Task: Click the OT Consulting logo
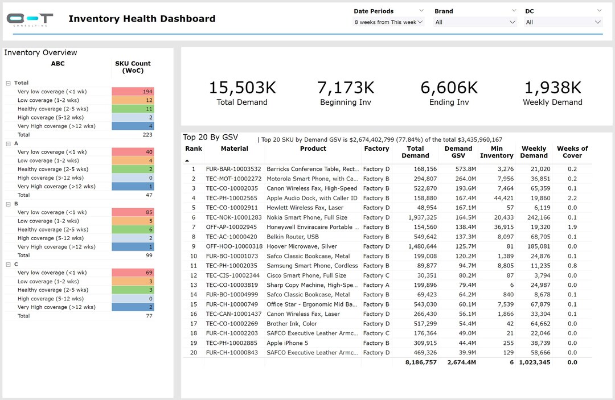(30, 19)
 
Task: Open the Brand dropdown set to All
(475, 22)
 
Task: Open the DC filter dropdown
(563, 22)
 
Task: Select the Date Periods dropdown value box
(389, 22)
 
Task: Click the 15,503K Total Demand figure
(242, 88)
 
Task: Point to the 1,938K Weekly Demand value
(552, 88)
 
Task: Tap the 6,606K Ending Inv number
(449, 88)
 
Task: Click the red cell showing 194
(133, 92)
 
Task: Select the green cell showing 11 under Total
(133, 109)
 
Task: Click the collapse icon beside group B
(9, 204)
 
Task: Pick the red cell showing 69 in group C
(133, 273)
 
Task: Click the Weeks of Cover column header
(572, 152)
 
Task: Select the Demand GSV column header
(458, 152)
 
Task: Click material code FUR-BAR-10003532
(233, 169)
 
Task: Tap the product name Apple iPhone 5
(287, 343)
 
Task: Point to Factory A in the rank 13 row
(376, 285)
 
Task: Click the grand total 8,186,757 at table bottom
(421, 362)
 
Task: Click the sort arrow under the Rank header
(187, 161)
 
